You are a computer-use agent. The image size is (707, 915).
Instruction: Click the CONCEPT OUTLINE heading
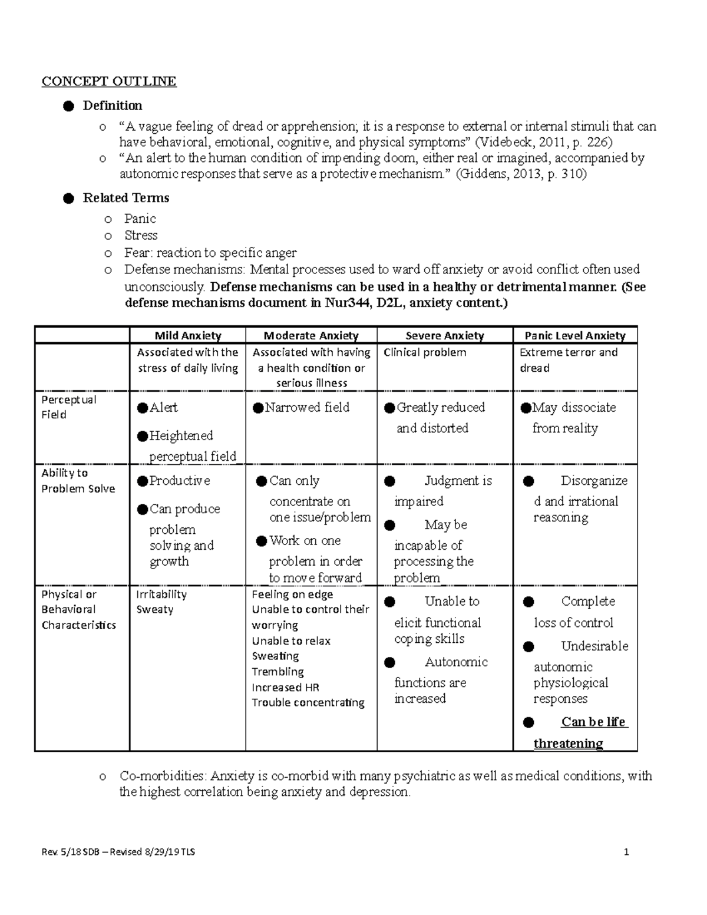[x=108, y=81]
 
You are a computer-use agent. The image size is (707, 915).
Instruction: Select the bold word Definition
[x=112, y=105]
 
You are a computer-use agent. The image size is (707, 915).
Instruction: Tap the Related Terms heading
[x=125, y=198]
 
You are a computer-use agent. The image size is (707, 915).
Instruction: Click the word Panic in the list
[x=140, y=219]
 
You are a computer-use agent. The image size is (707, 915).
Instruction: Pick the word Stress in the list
[x=141, y=235]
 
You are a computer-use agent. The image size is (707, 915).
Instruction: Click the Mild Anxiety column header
[x=187, y=336]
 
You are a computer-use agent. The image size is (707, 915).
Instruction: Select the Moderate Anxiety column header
[x=311, y=336]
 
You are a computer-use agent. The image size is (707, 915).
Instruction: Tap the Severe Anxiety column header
[x=445, y=336]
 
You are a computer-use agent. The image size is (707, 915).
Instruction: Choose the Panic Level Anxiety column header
[x=575, y=336]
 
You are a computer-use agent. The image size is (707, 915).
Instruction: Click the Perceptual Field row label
[x=68, y=407]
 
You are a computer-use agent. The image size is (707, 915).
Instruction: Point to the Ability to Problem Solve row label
[x=78, y=481]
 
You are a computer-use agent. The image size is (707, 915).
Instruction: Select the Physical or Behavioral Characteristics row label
[x=78, y=609]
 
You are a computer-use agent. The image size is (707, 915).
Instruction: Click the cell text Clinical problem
[x=424, y=352]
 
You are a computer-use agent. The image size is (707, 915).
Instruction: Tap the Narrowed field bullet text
[x=306, y=407]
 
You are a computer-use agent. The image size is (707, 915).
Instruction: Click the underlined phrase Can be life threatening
[x=580, y=732]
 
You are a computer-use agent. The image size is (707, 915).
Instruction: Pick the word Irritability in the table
[x=161, y=594]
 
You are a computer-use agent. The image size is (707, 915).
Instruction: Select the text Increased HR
[x=285, y=687]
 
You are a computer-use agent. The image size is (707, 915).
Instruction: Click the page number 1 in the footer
[x=627, y=852]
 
